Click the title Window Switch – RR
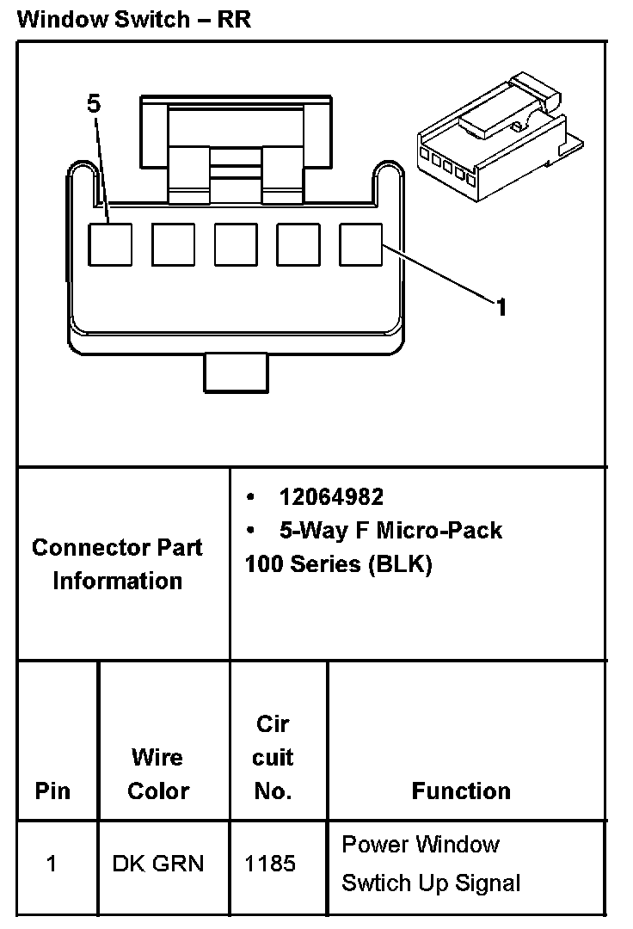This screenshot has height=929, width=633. click(133, 19)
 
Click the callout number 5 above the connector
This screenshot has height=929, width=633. click(94, 104)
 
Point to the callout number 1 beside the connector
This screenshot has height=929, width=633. click(501, 306)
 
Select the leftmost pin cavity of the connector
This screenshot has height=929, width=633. click(111, 243)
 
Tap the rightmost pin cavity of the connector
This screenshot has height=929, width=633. click(360, 243)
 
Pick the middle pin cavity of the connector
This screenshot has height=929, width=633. click(236, 243)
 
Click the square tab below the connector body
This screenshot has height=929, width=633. click(237, 372)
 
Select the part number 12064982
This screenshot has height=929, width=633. click(330, 496)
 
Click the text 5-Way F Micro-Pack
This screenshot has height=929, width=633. click(390, 530)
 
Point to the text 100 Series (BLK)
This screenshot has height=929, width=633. click(338, 564)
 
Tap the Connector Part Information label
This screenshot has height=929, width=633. click(117, 564)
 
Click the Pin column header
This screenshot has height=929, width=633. click(53, 791)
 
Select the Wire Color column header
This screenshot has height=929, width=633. click(157, 774)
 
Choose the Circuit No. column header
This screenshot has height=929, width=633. click(273, 757)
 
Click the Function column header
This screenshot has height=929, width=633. click(461, 791)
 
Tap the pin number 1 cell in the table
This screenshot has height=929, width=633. click(52, 863)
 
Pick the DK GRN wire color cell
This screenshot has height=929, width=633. click(158, 863)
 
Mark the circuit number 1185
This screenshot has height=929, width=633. click(271, 863)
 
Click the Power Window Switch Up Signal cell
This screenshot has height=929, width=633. click(431, 864)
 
